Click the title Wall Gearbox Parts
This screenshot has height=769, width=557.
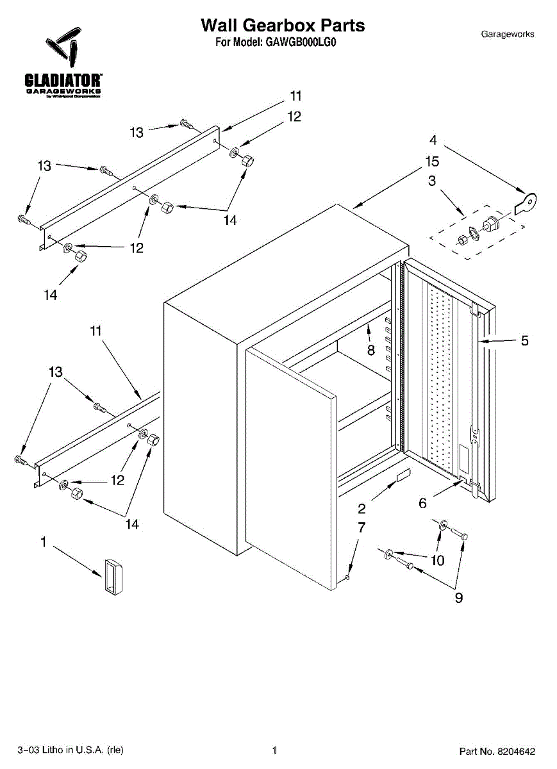point(283,26)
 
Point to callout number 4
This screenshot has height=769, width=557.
point(433,140)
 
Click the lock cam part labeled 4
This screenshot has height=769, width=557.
point(527,202)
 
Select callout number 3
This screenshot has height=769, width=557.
point(432,181)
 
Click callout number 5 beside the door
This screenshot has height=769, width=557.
point(524,341)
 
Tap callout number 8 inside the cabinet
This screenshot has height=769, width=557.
point(370,351)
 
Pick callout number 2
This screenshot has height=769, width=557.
point(362,509)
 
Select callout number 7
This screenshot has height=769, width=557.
point(362,527)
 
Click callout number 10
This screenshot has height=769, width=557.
point(437,561)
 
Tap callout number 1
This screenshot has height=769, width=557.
point(44,543)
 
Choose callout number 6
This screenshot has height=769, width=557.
point(422,503)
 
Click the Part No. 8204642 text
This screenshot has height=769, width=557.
point(497,750)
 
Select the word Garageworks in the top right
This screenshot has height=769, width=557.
point(507,34)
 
